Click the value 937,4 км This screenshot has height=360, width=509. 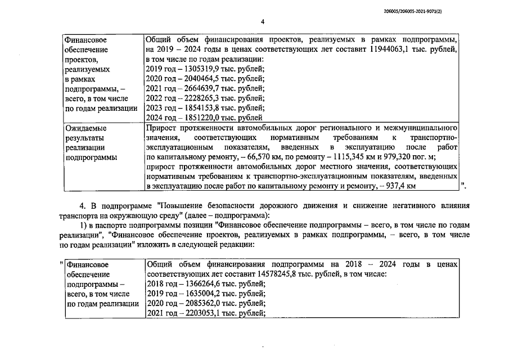coord(399,186)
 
